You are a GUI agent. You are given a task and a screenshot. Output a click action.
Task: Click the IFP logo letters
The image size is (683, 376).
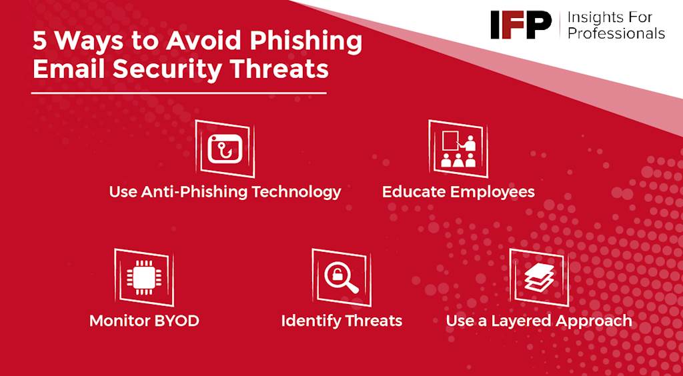tap(520, 25)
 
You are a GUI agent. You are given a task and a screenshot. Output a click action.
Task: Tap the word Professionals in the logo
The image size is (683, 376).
tap(616, 33)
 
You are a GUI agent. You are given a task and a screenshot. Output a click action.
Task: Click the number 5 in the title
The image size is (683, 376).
tap(39, 41)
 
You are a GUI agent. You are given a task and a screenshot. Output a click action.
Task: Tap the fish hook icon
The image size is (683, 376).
tap(225, 149)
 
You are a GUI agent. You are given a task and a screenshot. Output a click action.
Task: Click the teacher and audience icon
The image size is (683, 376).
tap(458, 149)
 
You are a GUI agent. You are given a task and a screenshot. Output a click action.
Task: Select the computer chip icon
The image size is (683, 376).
tap(144, 277)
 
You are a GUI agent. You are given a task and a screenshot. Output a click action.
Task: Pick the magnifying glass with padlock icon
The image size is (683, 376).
tap(341, 277)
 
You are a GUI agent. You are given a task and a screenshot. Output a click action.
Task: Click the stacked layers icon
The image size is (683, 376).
tap(539, 277)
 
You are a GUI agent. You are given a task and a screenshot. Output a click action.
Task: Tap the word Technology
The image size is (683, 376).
tap(297, 192)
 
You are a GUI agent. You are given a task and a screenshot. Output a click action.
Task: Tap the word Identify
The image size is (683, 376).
tap(311, 321)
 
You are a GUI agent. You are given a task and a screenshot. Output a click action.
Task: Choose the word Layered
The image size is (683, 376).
tap(523, 322)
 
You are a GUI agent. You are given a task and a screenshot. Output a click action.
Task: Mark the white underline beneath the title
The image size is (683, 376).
tap(179, 93)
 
